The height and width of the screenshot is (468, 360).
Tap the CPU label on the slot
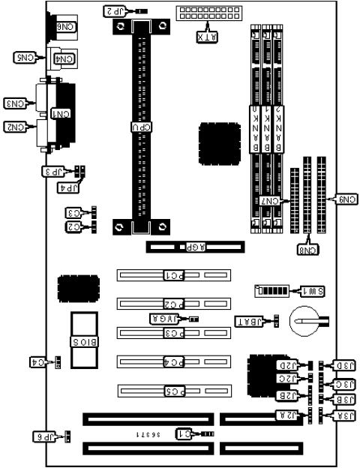click(140, 127)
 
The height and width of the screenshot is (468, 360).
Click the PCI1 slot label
click(173, 275)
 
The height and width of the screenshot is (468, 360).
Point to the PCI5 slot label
click(173, 390)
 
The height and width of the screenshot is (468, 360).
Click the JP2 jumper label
click(114, 11)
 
